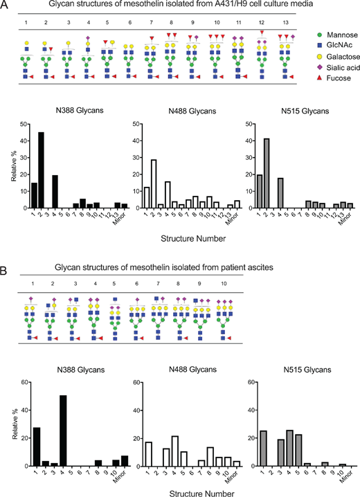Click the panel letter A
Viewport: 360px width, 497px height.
coord(6,6)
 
